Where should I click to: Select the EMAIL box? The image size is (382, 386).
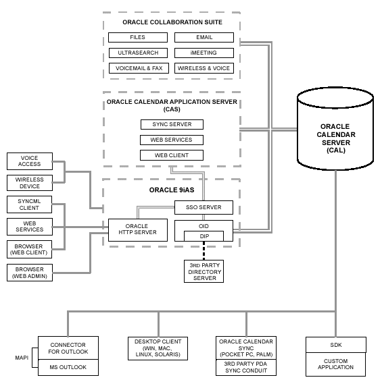[204, 37]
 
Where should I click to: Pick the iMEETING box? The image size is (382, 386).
[204, 53]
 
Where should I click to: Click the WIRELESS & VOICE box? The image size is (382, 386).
[204, 68]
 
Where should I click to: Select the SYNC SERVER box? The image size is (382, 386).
[172, 124]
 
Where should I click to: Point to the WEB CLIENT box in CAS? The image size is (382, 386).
[172, 155]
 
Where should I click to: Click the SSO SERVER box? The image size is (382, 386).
[204, 206]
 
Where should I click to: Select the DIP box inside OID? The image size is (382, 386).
[204, 237]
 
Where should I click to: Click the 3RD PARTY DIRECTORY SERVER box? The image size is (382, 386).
[204, 271]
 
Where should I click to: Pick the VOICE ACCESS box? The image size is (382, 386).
[29, 161]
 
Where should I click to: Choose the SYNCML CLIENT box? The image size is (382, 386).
[29, 204]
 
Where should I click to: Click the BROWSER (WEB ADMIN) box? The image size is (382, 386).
[29, 273]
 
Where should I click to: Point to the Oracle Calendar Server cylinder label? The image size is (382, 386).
[335, 138]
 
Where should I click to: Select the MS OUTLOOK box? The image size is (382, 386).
[68, 367]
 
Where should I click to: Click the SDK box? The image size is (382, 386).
[336, 345]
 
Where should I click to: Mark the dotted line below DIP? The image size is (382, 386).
[204, 251]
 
